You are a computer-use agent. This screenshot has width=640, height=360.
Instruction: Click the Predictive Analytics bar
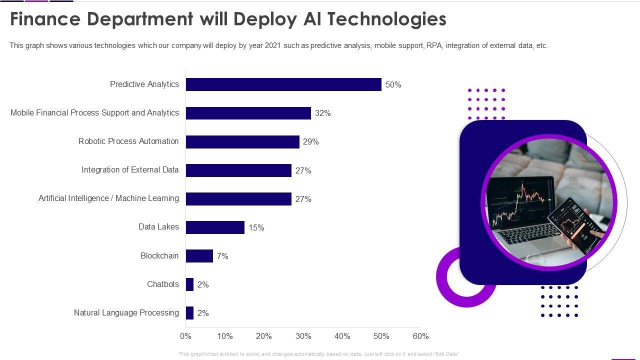[283, 84]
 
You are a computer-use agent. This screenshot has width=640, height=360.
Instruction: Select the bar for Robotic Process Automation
[242, 142]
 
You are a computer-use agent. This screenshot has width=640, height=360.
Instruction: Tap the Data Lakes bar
[215, 227]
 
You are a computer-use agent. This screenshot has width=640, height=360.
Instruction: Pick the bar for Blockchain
[199, 256]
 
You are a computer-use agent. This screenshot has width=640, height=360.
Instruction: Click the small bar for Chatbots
[189, 284]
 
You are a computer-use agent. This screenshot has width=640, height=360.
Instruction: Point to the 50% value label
[393, 85]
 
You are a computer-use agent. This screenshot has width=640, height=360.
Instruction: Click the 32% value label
[323, 113]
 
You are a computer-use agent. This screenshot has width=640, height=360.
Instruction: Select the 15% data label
[256, 228]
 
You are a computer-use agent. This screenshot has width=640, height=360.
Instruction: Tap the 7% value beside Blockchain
[222, 256]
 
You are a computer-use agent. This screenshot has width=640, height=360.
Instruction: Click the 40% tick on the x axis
[342, 336]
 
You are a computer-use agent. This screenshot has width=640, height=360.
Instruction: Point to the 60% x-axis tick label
[420, 336]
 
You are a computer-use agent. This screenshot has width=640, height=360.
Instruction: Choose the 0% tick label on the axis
[185, 336]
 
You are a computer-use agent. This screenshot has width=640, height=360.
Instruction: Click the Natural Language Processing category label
[126, 313]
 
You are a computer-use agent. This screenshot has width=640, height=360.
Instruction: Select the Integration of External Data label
[130, 170]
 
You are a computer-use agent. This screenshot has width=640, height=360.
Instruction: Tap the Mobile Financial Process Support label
[94, 113]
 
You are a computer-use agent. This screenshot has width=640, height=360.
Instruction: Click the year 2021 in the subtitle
[272, 45]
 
